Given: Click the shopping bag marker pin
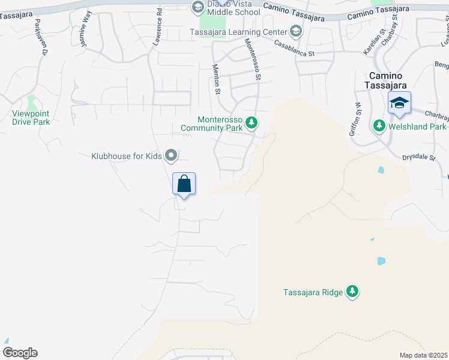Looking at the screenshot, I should pos(184,184).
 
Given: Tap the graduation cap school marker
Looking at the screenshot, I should pos(399,103).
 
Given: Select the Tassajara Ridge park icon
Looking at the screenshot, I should pos(353,292).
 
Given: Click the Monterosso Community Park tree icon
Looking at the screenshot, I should pos(253,123).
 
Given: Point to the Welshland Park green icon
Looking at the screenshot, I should pos(379,126).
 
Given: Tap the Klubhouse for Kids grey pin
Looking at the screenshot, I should pos(171,156).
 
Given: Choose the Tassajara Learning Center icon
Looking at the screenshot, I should pos(295,31).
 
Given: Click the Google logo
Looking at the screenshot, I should pos(20,353).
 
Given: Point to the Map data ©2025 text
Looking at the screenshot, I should pos(423,355).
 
